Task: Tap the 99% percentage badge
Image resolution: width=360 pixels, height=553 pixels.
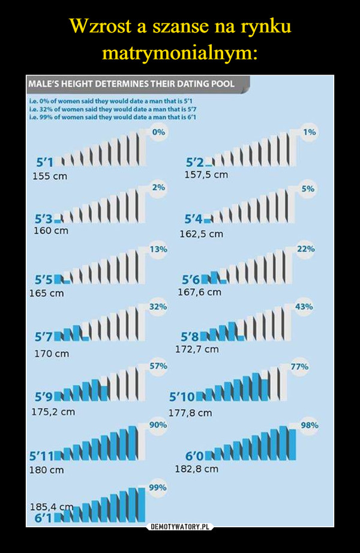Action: tap(158, 488)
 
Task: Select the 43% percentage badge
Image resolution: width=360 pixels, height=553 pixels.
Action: tap(304, 306)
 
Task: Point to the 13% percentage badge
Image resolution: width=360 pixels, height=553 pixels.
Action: tap(158, 248)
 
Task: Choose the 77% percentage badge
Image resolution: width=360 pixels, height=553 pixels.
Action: tap(300, 366)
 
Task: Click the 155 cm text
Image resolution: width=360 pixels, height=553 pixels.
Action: tap(50, 178)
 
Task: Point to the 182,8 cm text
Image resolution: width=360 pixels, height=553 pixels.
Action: tap(197, 468)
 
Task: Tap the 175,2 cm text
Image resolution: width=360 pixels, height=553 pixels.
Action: tap(53, 412)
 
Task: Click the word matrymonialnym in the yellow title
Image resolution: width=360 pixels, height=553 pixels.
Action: tap(180, 53)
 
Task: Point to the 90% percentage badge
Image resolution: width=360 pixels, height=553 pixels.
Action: tap(158, 425)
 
